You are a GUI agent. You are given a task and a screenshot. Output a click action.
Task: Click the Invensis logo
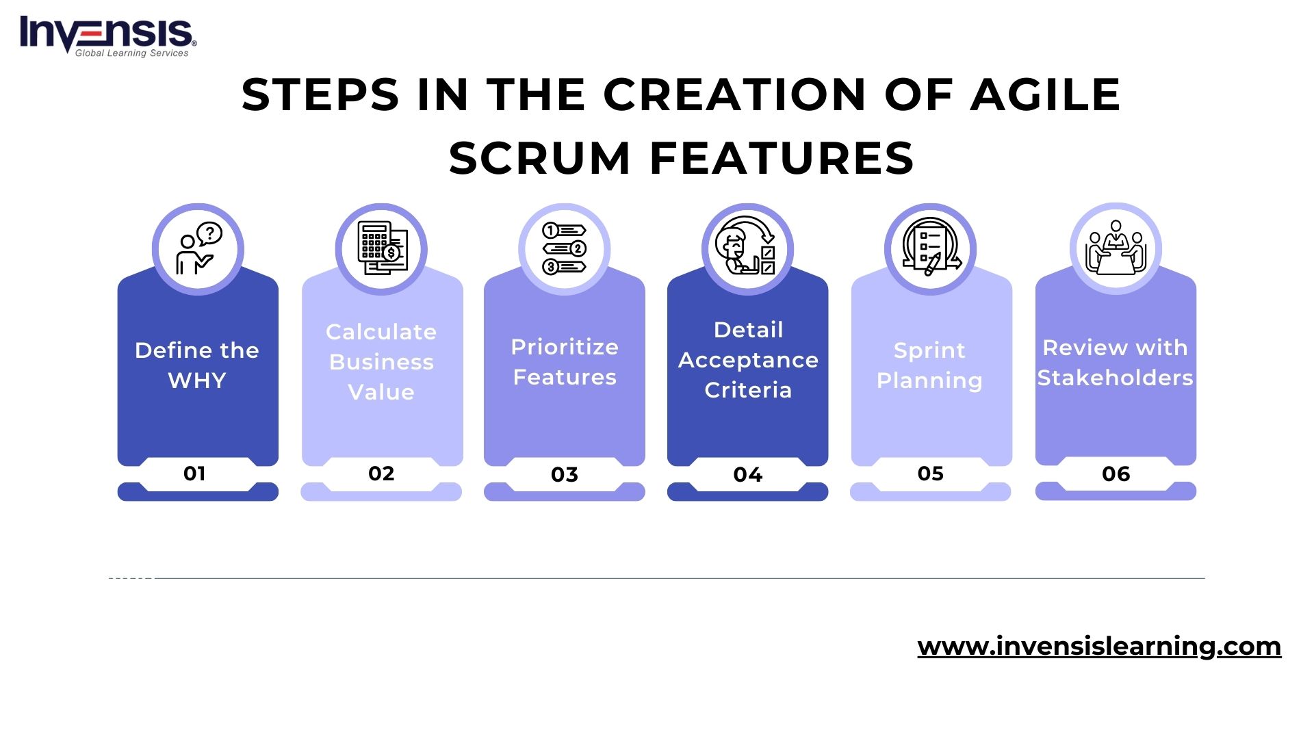[107, 36]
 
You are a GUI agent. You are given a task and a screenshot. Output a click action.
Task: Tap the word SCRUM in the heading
[539, 158]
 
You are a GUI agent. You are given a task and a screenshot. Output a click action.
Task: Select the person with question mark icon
[198, 249]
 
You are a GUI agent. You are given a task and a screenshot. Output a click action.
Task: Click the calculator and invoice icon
[381, 249]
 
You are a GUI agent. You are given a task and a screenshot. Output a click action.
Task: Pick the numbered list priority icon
[564, 249]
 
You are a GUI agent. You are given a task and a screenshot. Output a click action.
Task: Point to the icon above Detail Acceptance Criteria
[747, 249]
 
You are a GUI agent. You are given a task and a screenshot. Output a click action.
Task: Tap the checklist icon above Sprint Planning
[930, 249]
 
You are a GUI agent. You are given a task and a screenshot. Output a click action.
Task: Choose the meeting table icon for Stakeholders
[1116, 249]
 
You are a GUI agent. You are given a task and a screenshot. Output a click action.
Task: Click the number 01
[194, 474]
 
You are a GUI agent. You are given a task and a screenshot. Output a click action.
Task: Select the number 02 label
[381, 474]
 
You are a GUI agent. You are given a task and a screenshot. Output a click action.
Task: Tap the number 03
[565, 474]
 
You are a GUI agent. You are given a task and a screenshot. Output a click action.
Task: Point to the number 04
[747, 474]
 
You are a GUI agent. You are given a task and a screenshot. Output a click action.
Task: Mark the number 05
[930, 474]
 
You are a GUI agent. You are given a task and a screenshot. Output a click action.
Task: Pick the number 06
[1116, 474]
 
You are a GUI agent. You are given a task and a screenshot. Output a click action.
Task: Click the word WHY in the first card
[197, 380]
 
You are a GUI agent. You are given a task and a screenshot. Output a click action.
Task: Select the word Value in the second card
[381, 392]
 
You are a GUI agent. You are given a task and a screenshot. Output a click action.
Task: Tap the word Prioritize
[565, 347]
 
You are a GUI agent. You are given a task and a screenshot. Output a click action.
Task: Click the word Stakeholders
[1115, 378]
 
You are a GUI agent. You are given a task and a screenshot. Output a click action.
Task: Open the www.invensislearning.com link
[1099, 646]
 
